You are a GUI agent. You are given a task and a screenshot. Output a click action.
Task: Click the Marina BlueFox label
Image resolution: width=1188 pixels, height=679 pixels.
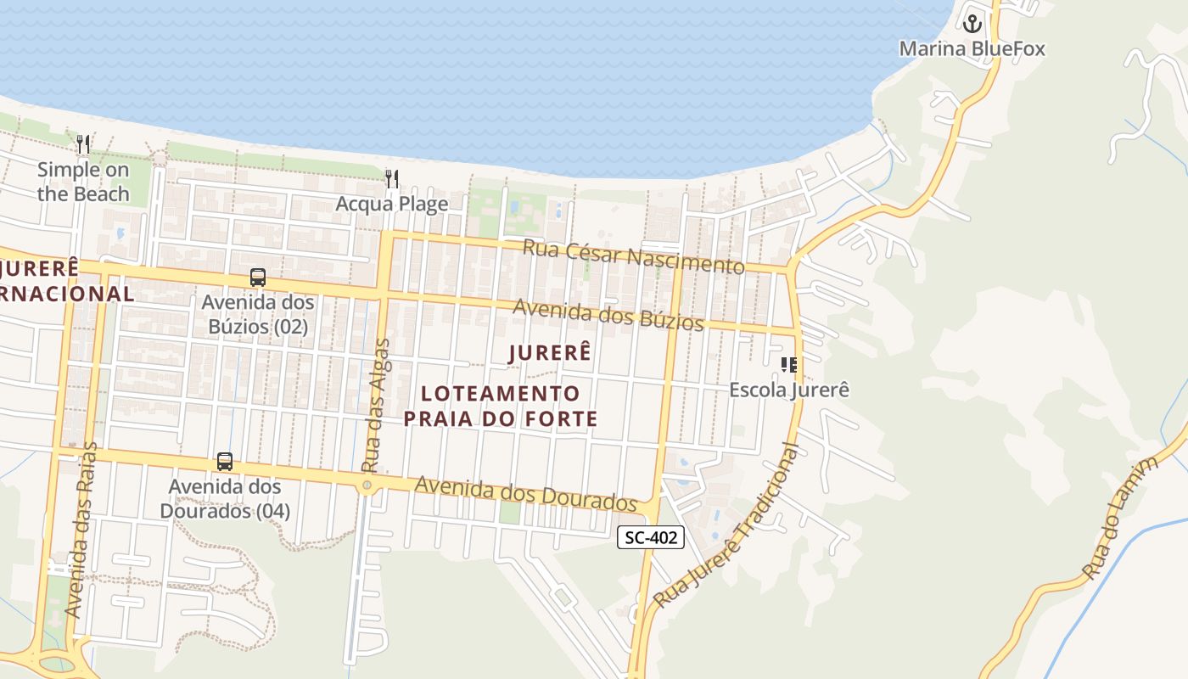tap(972, 48)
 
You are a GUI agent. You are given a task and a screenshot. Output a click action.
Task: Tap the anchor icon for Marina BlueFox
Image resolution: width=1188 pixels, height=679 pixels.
tap(972, 23)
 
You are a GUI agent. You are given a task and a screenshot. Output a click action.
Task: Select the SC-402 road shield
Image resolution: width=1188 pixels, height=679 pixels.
tap(650, 536)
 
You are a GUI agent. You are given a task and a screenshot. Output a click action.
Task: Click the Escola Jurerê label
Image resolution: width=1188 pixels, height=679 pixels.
tap(789, 390)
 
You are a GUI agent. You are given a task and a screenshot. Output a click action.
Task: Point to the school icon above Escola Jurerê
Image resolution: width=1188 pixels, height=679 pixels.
tap(789, 365)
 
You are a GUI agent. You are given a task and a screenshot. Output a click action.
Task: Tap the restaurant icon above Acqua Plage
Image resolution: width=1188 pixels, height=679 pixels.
tap(391, 178)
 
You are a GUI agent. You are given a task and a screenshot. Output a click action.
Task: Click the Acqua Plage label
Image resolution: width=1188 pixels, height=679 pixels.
tap(391, 204)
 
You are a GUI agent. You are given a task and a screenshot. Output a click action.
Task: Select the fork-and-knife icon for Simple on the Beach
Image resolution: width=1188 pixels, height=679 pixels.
tap(83, 144)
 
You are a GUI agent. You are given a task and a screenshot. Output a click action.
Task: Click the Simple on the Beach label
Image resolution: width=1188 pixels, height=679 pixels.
tap(83, 182)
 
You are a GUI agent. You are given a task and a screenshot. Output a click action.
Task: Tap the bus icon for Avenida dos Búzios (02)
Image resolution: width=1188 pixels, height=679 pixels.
tap(257, 277)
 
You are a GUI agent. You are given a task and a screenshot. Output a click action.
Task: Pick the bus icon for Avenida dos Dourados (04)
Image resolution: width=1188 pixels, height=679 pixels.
tap(225, 462)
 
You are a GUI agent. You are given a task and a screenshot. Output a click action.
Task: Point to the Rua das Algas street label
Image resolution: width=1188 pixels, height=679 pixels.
tap(376, 406)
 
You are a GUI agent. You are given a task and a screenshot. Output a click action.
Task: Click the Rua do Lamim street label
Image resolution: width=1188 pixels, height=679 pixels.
tap(1121, 518)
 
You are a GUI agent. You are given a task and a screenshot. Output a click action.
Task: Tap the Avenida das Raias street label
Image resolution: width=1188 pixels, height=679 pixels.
tap(81, 530)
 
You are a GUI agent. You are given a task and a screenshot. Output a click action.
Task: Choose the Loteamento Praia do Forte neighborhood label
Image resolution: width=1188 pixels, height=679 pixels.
tap(501, 406)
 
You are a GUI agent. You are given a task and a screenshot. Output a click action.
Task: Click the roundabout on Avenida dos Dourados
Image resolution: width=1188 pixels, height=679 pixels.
tap(367, 485)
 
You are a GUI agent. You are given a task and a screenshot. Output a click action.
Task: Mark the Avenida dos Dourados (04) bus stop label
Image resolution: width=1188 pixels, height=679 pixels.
tap(225, 499)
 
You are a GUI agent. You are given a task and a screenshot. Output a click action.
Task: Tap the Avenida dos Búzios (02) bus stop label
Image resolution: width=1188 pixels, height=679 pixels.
tap(257, 314)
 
